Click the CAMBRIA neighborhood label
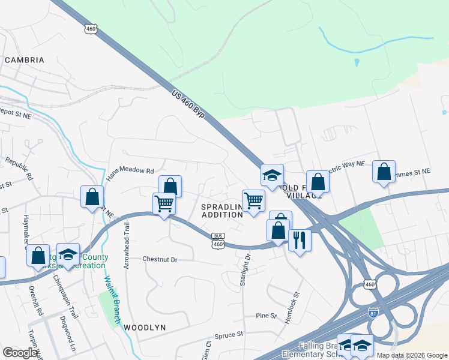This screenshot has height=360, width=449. [x=25, y=60]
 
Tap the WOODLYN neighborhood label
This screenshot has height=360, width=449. [x=144, y=328]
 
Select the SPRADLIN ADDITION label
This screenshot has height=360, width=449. [x=221, y=211]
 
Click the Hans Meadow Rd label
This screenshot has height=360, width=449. [x=130, y=174]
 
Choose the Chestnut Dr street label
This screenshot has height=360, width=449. [x=160, y=259]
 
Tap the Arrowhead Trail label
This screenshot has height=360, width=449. [x=127, y=245]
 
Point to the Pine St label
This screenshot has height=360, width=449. [x=265, y=316]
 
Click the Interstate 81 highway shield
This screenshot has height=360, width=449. [x=373, y=312]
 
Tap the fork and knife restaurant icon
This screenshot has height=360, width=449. [x=299, y=239]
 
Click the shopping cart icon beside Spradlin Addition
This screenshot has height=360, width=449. [x=253, y=200]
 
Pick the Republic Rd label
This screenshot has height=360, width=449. [x=20, y=169]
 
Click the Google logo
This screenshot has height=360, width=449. [x=20, y=352]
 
